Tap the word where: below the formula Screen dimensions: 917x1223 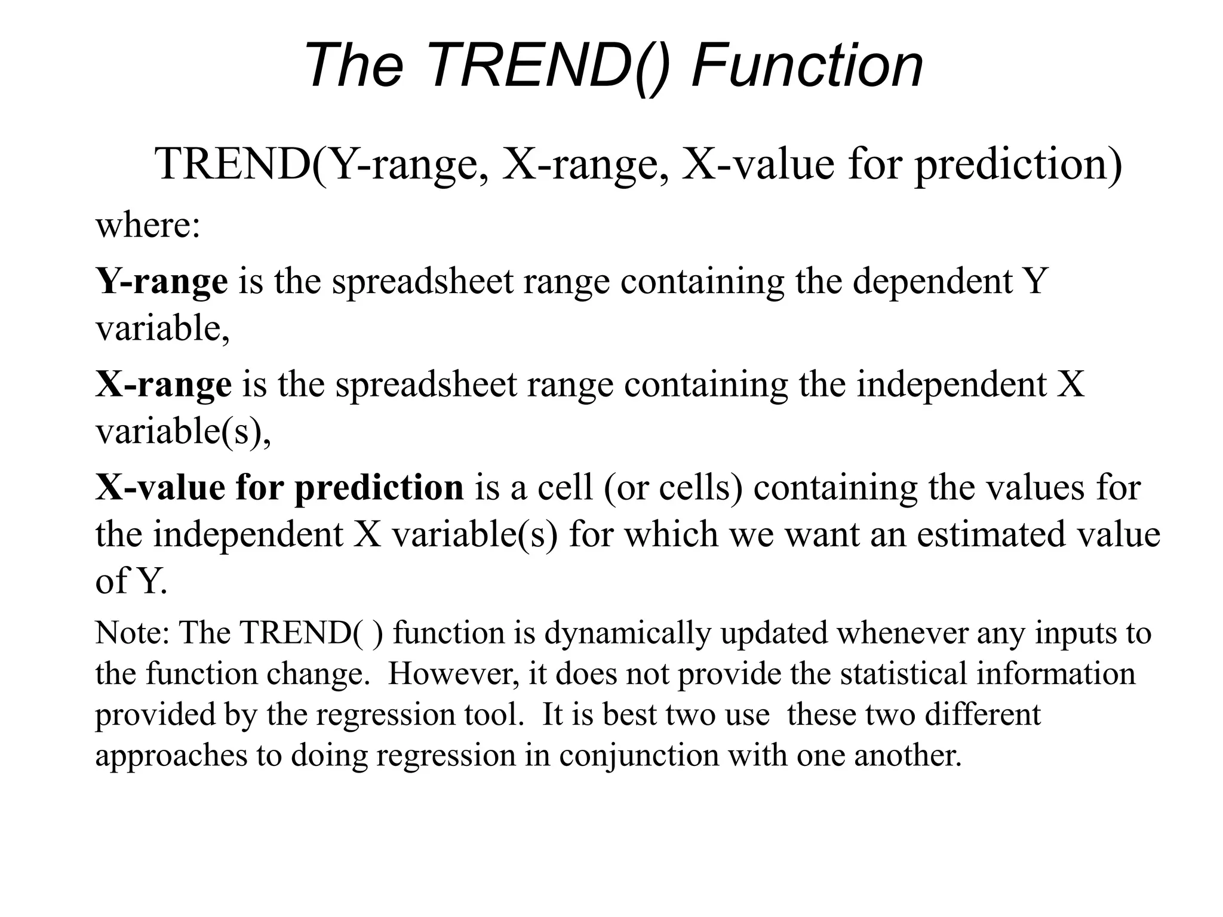[148, 226]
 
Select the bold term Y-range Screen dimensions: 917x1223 [161, 281]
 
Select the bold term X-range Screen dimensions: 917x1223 [163, 384]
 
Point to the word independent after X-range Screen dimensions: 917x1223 [952, 384]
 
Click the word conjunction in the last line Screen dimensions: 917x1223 [639, 756]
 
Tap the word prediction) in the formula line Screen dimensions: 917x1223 [1018, 165]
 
